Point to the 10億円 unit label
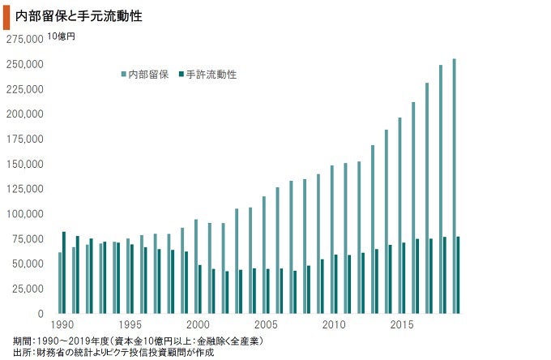pyautogui.click(x=62, y=36)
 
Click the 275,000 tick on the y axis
pyautogui.click(x=23, y=39)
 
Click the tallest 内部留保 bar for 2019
pyautogui.click(x=454, y=186)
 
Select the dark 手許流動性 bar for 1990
pyautogui.click(x=64, y=272)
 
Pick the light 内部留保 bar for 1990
pyautogui.click(x=60, y=283)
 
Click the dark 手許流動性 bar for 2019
pyautogui.click(x=458, y=275)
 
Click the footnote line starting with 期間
pyautogui.click(x=138, y=340)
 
